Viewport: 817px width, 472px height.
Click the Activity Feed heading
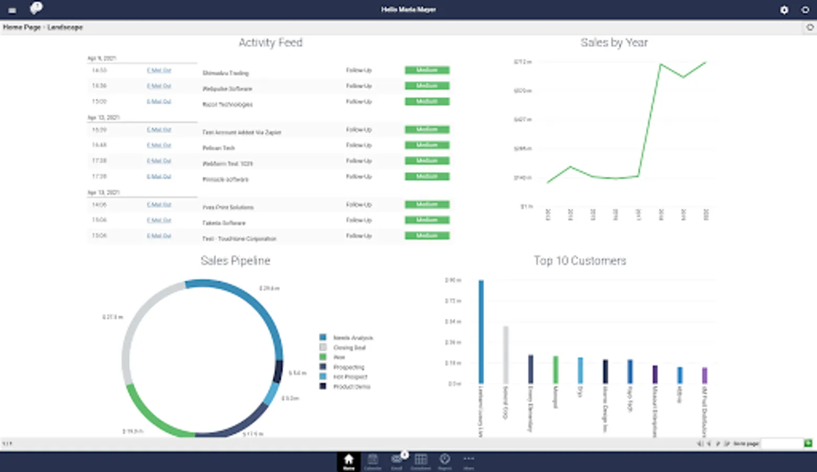[270, 42]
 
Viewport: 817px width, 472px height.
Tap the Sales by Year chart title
[614, 42]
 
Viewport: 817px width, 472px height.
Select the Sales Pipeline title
[235, 261]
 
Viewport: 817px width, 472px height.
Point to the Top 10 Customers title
[580, 261]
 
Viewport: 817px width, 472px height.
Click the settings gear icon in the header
[784, 9]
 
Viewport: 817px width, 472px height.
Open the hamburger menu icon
[12, 10]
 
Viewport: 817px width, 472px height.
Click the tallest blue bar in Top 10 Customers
[481, 331]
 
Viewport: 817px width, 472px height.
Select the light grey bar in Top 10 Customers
[506, 355]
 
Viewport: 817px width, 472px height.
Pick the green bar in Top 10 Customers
[556, 369]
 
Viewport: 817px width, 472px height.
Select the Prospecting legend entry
[348, 367]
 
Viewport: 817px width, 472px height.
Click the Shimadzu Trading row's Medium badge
[427, 70]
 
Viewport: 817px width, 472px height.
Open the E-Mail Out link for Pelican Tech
[159, 145]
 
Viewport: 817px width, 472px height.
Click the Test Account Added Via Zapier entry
[242, 132]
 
